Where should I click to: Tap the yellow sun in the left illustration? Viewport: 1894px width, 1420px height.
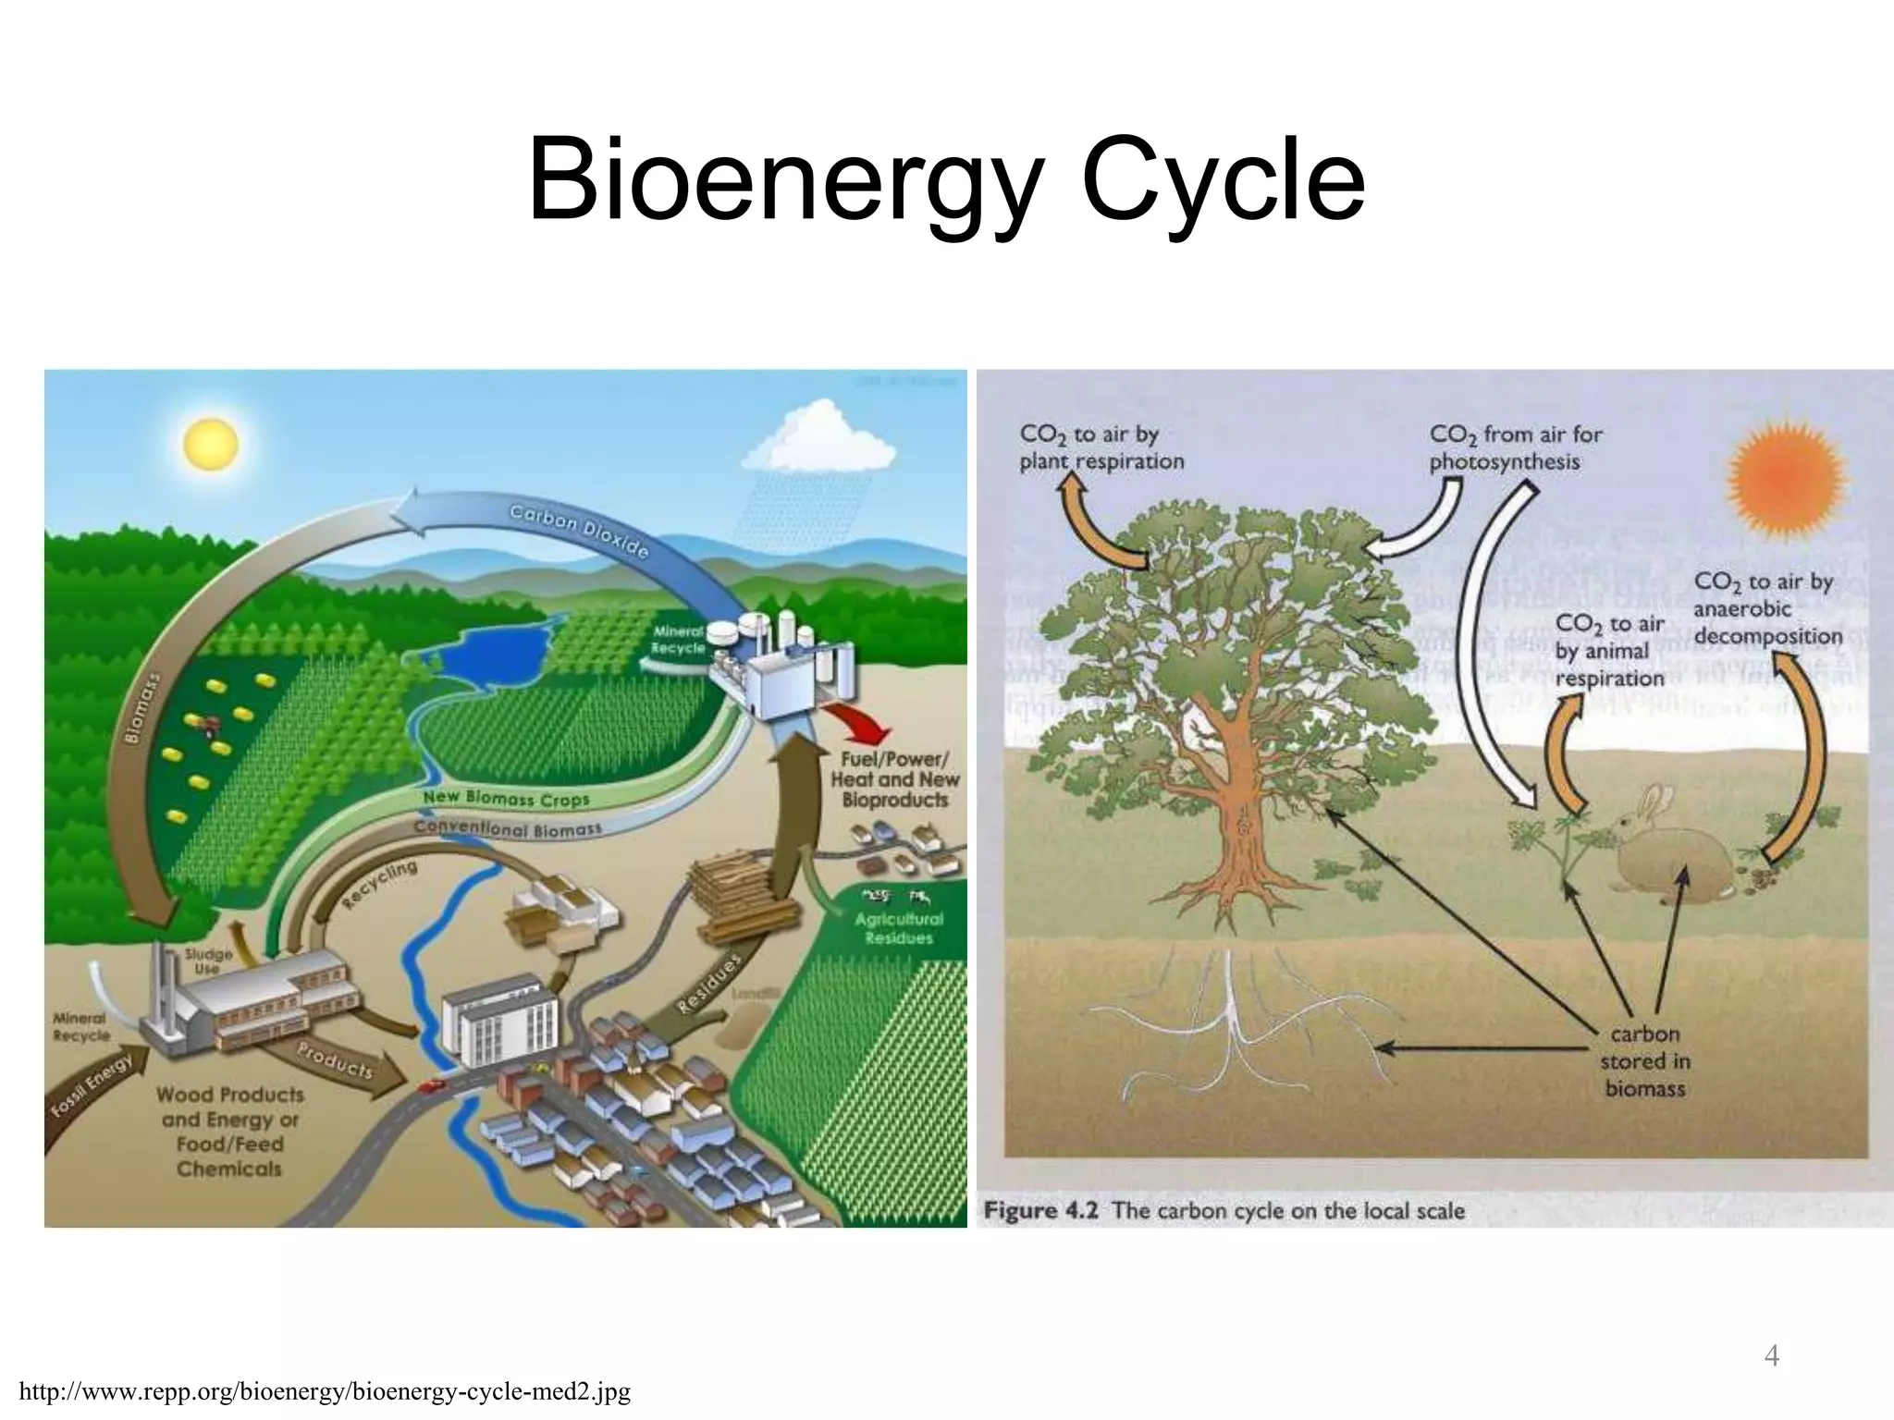tap(211, 445)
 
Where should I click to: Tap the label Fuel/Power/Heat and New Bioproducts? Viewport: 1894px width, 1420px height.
tap(894, 779)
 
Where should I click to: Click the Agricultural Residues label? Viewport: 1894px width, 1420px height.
tap(898, 928)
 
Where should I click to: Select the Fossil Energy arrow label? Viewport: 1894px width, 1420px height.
tap(91, 1083)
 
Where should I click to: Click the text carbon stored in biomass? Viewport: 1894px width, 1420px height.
tap(1644, 1060)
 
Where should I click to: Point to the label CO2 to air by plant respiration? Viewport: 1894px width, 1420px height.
tap(1101, 447)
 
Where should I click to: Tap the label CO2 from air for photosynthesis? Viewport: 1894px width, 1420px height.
tap(1515, 447)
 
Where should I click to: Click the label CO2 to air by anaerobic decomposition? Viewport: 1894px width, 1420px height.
tap(1767, 608)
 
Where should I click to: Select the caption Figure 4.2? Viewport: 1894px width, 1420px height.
tap(1224, 1210)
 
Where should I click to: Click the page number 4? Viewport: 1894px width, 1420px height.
tap(1771, 1356)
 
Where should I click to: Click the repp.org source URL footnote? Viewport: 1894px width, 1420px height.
tap(325, 1391)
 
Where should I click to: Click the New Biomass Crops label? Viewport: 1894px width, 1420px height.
tap(506, 798)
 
